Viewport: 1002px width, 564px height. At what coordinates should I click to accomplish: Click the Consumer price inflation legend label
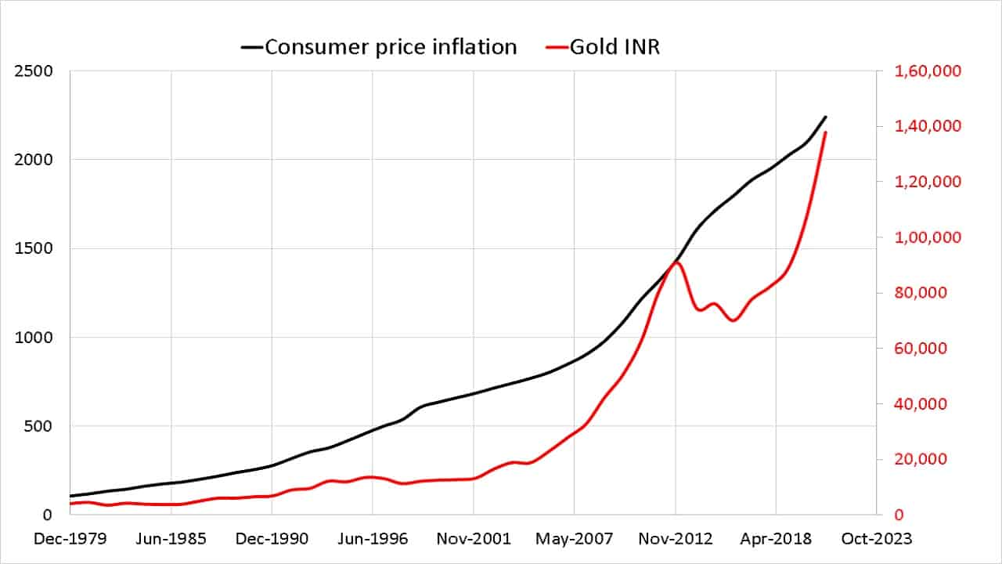tap(391, 47)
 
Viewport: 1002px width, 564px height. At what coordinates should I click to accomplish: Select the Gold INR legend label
tap(615, 47)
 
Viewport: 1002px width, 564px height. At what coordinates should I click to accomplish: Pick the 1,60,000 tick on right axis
tap(928, 71)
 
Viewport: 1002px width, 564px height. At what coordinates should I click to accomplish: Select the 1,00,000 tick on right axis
tap(928, 237)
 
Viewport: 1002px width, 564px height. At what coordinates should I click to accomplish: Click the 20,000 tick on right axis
tap(922, 459)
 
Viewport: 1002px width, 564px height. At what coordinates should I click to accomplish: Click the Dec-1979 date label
tap(70, 539)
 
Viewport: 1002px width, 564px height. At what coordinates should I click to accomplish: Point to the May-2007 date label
tap(574, 539)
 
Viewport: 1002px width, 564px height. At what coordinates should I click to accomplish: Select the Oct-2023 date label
tap(875, 539)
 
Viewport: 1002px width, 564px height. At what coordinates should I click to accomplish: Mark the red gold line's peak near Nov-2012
tap(676, 262)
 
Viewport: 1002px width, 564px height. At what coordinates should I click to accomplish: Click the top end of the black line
tap(825, 117)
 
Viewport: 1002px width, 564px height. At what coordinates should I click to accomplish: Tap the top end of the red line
tap(825, 132)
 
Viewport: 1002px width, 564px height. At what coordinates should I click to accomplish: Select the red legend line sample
tap(555, 47)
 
